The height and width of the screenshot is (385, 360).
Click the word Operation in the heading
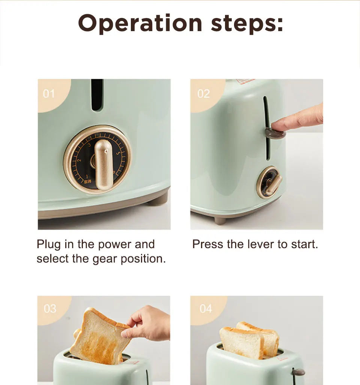click(140, 23)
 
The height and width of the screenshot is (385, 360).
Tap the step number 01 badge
click(49, 93)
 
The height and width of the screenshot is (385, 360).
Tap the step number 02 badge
click(203, 93)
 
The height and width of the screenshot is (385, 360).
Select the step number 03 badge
click(50, 309)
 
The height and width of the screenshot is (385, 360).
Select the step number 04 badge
click(206, 309)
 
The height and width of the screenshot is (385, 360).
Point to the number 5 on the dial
click(119, 153)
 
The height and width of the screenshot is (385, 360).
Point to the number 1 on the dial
click(87, 176)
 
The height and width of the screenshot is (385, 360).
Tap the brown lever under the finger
click(275, 133)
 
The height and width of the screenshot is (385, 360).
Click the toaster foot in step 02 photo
click(220, 220)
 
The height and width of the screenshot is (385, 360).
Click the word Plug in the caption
click(49, 244)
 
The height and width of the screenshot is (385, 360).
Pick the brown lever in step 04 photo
click(298, 373)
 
